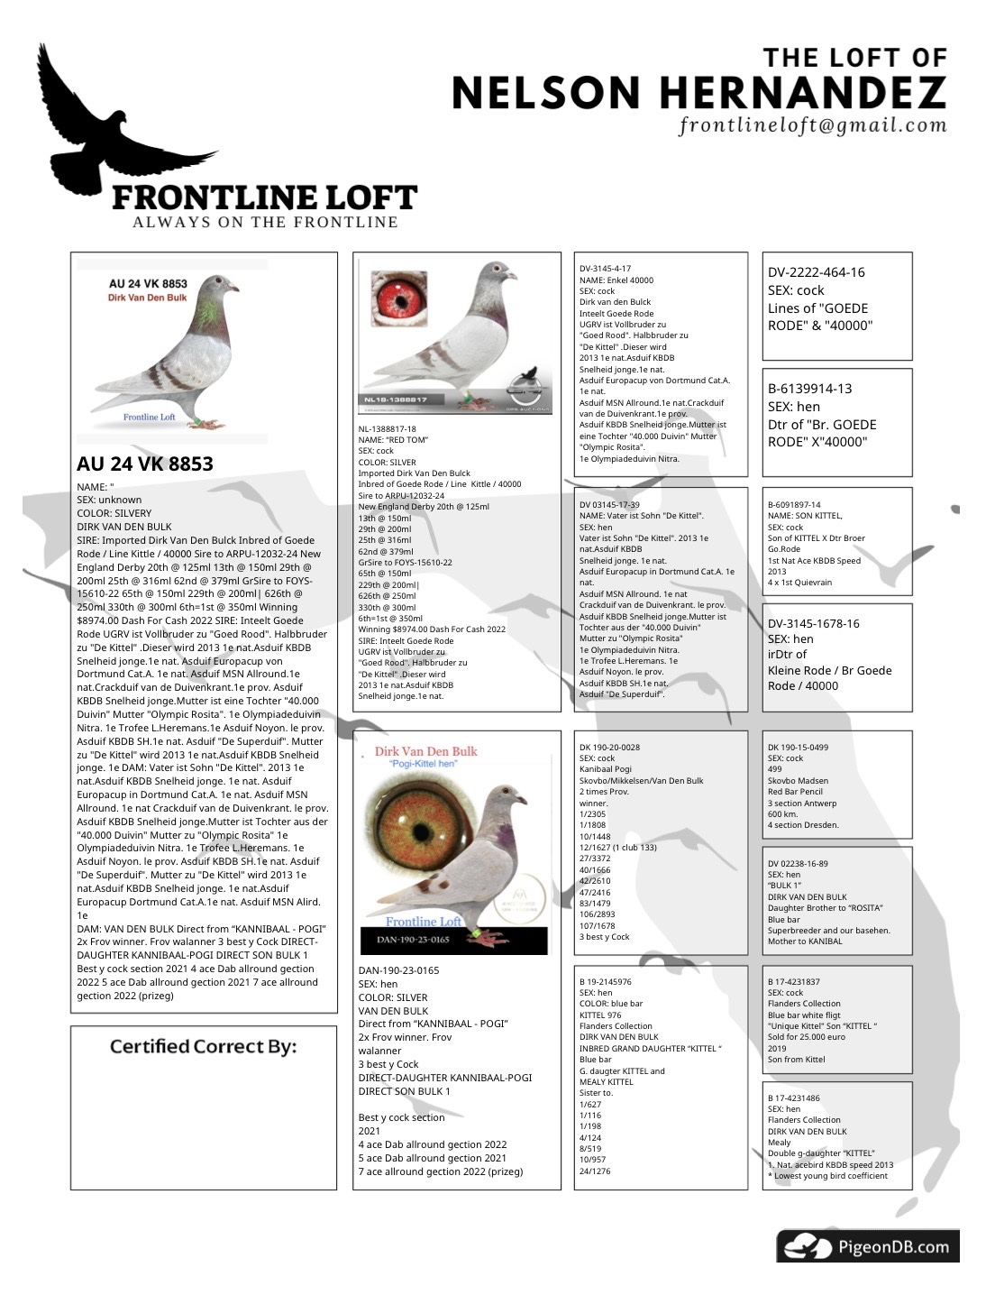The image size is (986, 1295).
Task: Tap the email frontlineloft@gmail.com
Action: coord(813,125)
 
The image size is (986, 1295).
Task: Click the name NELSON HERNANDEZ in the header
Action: coord(698,92)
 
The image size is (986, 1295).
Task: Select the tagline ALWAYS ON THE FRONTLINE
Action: coord(265,222)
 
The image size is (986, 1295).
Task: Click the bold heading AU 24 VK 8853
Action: coord(145,464)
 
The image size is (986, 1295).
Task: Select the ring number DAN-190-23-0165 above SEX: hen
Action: coord(398,970)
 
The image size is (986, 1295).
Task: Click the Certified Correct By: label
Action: coord(203,1047)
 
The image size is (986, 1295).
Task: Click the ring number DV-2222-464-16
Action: coord(817,272)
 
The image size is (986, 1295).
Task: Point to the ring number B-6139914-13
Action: coord(809,389)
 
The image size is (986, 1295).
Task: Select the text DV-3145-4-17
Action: coord(605,269)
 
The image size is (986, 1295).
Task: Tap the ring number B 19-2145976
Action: coord(606,981)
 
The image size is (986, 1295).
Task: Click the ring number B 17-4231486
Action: coord(793,1098)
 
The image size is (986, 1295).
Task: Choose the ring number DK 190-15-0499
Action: coord(798,748)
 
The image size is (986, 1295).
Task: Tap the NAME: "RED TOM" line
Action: coord(393,440)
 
